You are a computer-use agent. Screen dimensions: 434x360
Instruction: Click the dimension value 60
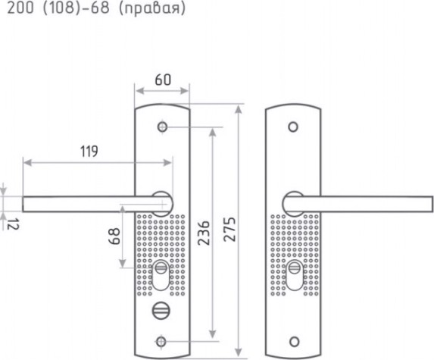[x=163, y=80]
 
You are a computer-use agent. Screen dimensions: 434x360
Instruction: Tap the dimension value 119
[x=89, y=152]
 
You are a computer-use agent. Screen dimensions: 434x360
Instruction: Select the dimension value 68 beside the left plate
[x=114, y=236]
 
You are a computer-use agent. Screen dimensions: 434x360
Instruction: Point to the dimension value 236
[x=204, y=233]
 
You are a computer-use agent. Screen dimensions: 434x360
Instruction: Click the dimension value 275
[x=229, y=230]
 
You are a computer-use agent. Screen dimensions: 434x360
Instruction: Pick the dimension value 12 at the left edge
[x=13, y=224]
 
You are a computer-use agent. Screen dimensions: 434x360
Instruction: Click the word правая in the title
[x=151, y=8]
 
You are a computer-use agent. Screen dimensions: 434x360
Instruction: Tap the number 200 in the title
[x=20, y=8]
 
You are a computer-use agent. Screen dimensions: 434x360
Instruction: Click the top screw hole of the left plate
[x=163, y=127]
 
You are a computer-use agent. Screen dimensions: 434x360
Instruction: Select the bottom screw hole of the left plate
[x=161, y=342]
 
